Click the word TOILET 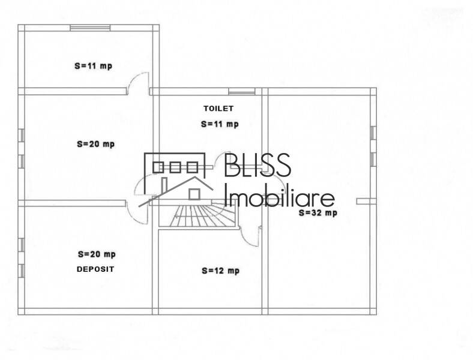pyautogui.click(x=218, y=109)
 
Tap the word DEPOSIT pyautogui.click(x=95, y=269)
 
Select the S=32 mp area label pyautogui.click(x=318, y=213)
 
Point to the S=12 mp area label pyautogui.click(x=220, y=271)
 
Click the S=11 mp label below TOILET pyautogui.click(x=220, y=124)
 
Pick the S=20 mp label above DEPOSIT pyautogui.click(x=97, y=254)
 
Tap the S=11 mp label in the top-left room pyautogui.click(x=94, y=66)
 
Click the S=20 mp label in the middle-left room pyautogui.click(x=96, y=144)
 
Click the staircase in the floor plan pyautogui.click(x=199, y=215)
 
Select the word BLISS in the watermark pyautogui.click(x=258, y=165)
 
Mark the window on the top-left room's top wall pyautogui.click(x=90, y=28)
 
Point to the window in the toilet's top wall pyautogui.click(x=242, y=91)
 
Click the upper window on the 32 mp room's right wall pyautogui.click(x=373, y=133)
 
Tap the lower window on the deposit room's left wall pyautogui.click(x=21, y=271)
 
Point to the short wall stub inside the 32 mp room pyautogui.click(x=366, y=201)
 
